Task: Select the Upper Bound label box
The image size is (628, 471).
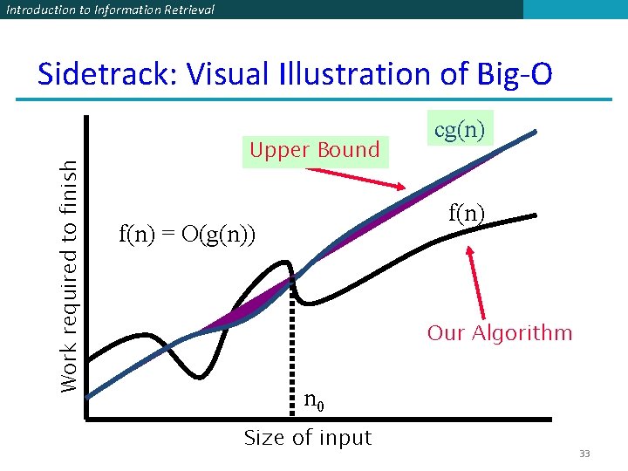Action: tap(314, 150)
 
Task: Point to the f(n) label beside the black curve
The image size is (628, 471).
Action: tap(467, 212)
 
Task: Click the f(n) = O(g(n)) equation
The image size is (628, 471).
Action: tap(187, 234)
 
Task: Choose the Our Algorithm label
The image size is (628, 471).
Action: tap(499, 333)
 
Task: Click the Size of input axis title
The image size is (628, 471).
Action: tap(307, 438)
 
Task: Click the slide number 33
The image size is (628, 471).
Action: tap(584, 454)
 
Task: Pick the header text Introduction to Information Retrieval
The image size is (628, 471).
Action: tap(109, 10)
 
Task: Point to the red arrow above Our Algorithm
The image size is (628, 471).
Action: tap(476, 283)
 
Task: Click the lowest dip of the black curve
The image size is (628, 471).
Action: tap(201, 377)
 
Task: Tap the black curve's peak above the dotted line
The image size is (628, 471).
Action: tap(284, 261)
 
